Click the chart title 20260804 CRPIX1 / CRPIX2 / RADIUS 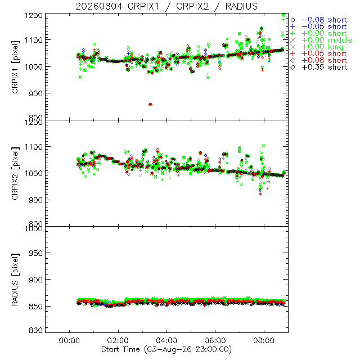(166, 6)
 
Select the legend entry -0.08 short (319, 20)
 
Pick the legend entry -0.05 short (319, 26)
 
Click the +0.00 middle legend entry (321, 40)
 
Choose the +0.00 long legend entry (317, 47)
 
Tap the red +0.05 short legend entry (319, 54)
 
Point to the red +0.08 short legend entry (319, 60)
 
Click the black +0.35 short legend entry (319, 67)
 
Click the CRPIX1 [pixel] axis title (15, 67)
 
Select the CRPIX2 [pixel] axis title (15, 173)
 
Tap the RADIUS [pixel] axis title (15, 280)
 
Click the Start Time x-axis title (166, 349)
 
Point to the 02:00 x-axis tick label (118, 340)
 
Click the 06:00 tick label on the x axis (215, 340)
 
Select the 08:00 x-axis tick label (264, 340)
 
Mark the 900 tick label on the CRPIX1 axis (35, 93)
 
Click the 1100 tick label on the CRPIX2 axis (34, 147)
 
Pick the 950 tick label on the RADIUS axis (35, 253)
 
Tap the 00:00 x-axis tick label (69, 340)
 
